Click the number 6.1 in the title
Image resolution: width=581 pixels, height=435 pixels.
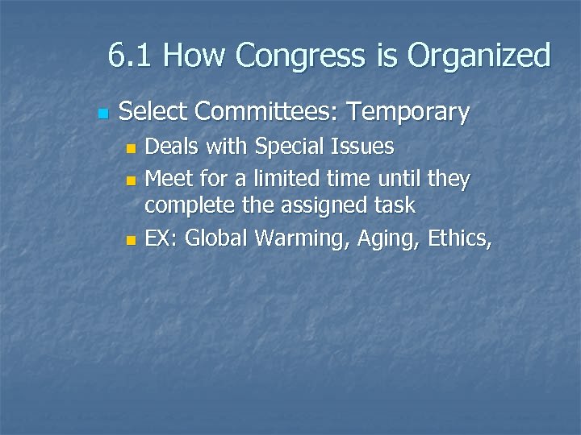pyautogui.click(x=130, y=56)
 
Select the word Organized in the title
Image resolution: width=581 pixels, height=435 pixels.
pyautogui.click(x=479, y=56)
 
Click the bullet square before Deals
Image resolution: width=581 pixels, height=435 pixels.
pyautogui.click(x=133, y=147)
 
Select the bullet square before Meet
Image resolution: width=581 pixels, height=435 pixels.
pyautogui.click(x=133, y=177)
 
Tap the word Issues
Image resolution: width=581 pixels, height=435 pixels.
pyautogui.click(x=365, y=147)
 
